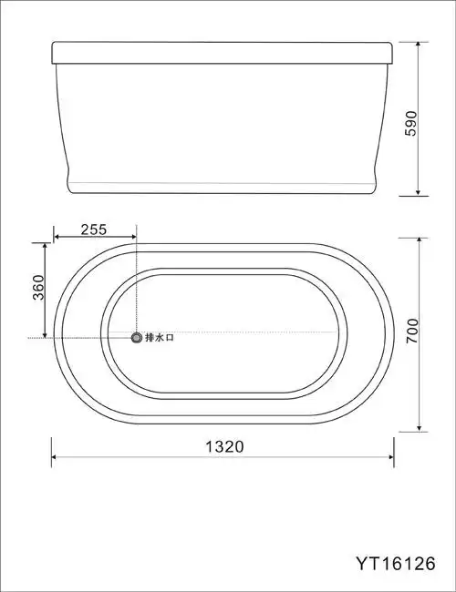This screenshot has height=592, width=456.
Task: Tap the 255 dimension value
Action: coord(94,229)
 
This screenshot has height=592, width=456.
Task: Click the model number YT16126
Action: coord(396,563)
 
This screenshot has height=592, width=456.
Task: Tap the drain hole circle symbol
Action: coord(137,338)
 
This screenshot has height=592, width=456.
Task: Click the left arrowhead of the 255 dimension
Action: coord(58,238)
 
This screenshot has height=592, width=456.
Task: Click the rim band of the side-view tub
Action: coord(223,52)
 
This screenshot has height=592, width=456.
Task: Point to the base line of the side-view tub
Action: coord(223,192)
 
